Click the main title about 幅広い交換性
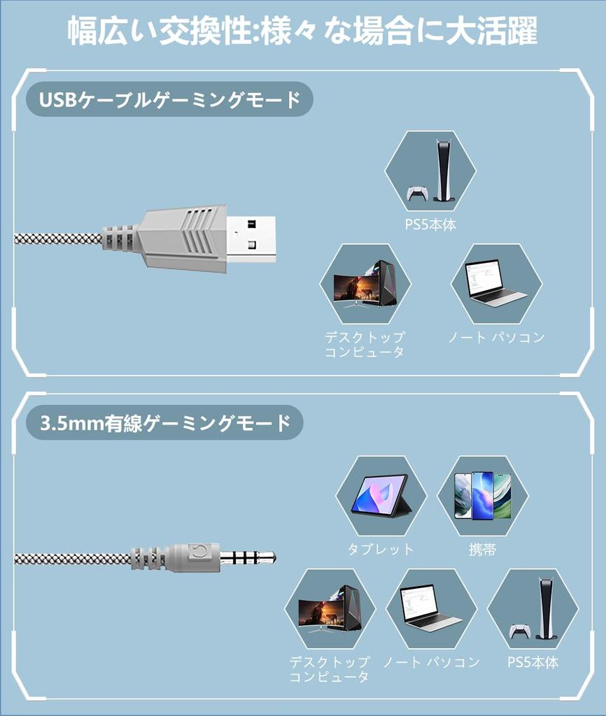click(x=302, y=31)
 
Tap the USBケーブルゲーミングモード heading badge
click(x=169, y=100)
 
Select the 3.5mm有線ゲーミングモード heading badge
click(x=164, y=423)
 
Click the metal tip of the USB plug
click(x=251, y=238)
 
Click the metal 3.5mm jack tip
click(x=248, y=557)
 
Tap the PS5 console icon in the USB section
click(x=430, y=171)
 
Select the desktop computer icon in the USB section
click(x=365, y=284)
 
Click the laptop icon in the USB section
click(x=495, y=284)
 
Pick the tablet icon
click(x=381, y=496)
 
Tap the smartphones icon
click(x=482, y=496)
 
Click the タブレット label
click(x=381, y=550)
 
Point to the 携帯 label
click(x=482, y=550)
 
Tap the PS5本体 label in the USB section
click(x=430, y=226)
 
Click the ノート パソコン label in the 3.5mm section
click(x=431, y=662)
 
